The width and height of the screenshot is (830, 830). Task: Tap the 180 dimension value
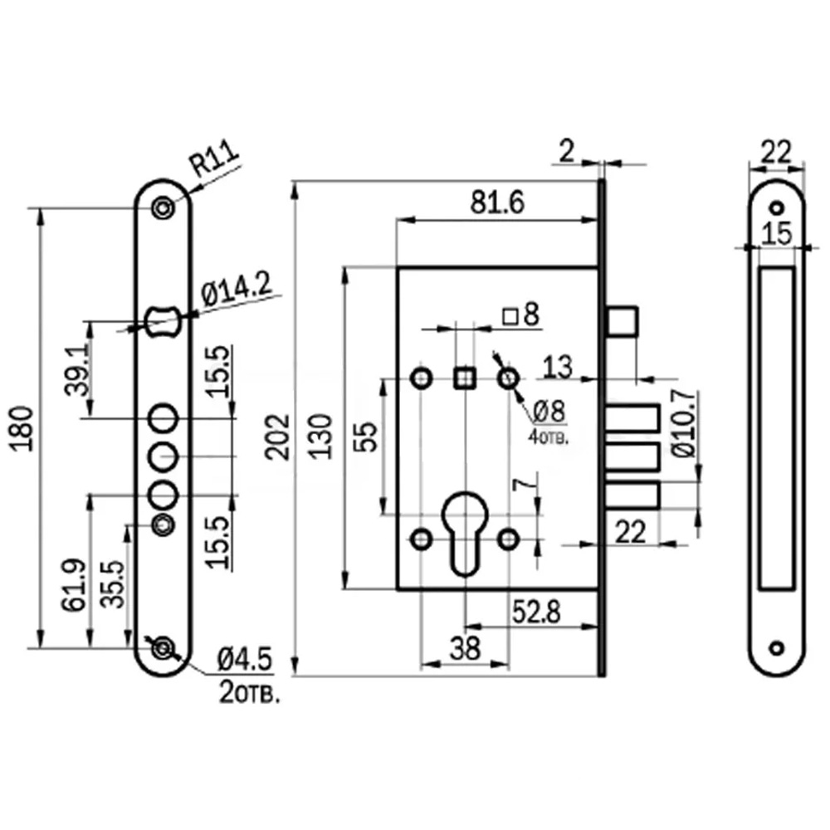(x=22, y=429)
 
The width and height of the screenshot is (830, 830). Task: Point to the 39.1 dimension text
(x=77, y=371)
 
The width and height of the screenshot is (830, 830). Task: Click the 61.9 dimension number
(x=74, y=585)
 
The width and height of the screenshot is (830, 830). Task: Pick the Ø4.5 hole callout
(x=245, y=660)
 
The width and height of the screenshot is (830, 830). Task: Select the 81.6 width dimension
(x=497, y=203)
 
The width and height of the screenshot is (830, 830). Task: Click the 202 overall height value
(x=278, y=437)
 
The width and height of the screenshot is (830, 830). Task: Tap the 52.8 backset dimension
(x=535, y=613)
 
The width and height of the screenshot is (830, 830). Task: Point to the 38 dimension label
(x=466, y=648)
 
